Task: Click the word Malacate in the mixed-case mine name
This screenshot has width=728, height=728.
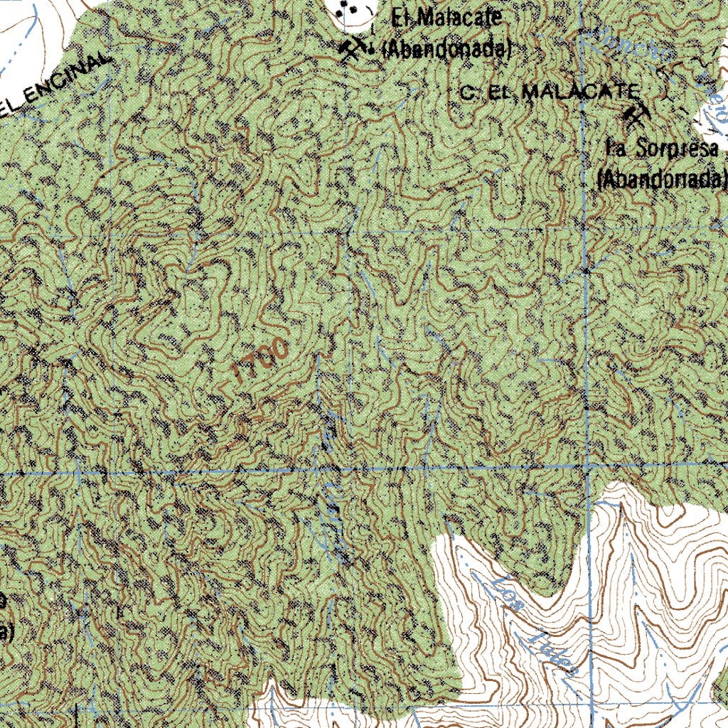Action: [456, 18]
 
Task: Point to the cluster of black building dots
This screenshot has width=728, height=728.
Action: [348, 9]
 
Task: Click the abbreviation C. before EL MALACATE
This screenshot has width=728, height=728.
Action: [467, 92]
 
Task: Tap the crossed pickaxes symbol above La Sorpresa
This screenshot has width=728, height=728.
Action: [634, 114]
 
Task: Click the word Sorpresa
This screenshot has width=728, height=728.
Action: [679, 149]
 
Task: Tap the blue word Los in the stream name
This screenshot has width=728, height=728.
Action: [508, 596]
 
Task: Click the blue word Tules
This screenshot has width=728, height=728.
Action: [555, 652]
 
